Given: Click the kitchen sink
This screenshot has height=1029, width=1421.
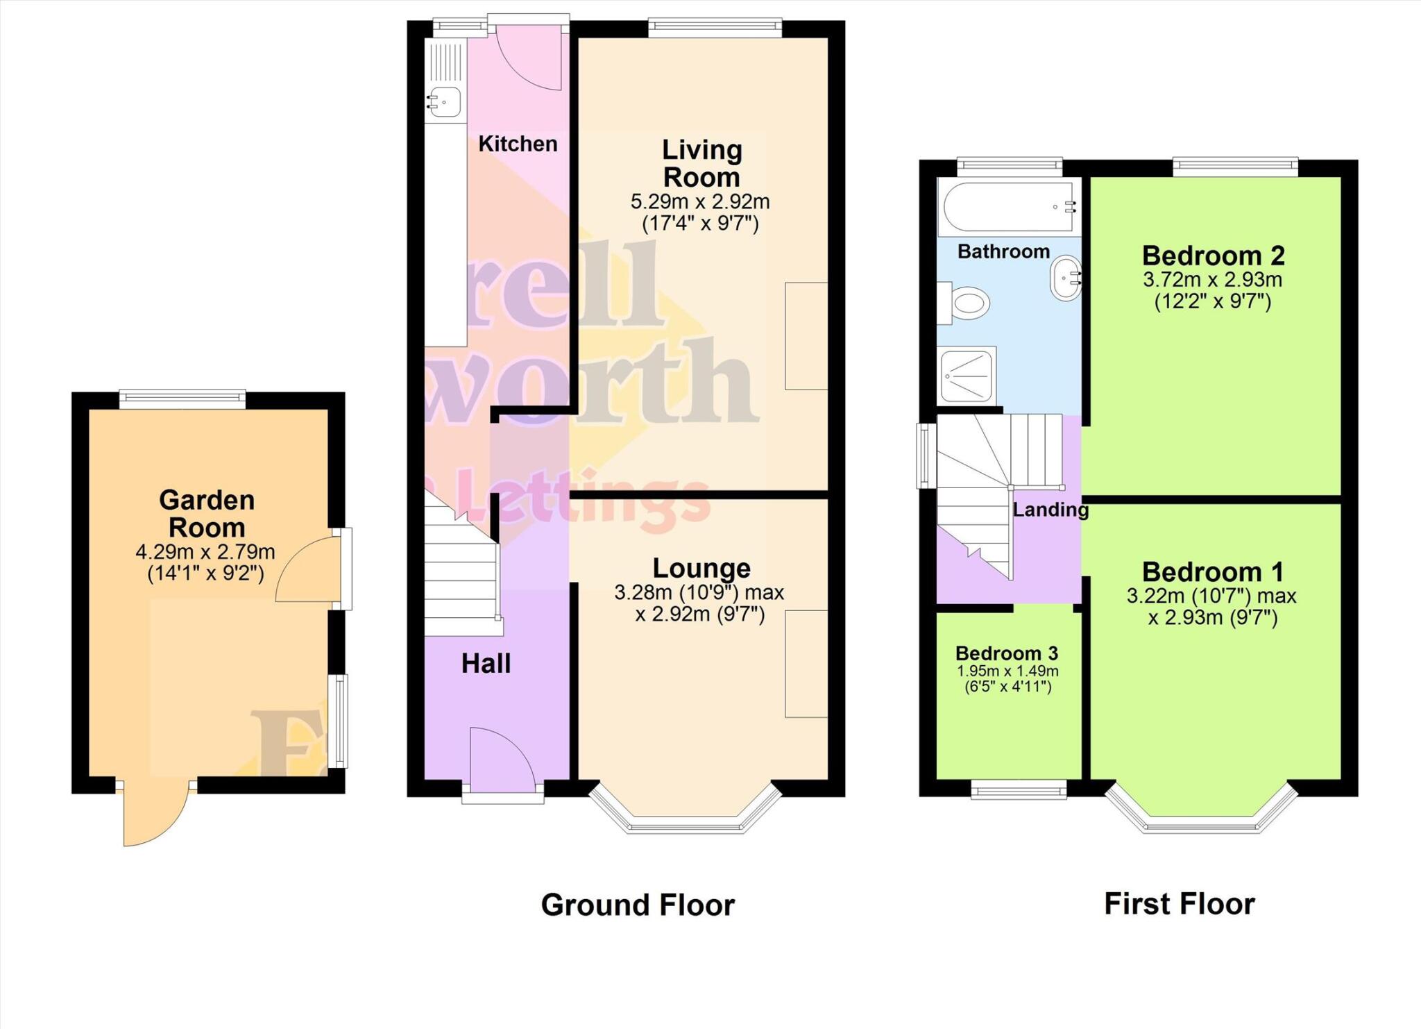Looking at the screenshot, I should pos(445,102).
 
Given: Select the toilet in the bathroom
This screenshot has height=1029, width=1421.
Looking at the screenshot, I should pos(967,303).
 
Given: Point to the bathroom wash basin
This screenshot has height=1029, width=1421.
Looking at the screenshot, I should pos(1065,278).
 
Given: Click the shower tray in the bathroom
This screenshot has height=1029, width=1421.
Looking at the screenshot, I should pos(967,376).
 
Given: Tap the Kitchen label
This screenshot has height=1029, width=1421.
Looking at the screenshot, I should pos(518,144).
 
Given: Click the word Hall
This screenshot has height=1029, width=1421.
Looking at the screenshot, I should pos(486,664).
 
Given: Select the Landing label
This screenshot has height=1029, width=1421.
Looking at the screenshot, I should pos(1050,510).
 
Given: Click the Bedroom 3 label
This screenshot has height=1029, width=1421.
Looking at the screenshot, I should pos(1006,653).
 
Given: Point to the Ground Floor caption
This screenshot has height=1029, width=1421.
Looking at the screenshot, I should pos(637,905).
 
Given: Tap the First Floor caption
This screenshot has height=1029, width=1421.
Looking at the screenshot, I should pos(1179,904).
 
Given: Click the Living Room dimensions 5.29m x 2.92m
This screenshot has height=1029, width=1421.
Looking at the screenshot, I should pos(700,202).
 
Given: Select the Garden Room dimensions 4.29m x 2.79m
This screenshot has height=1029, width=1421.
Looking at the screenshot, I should pos(205,553).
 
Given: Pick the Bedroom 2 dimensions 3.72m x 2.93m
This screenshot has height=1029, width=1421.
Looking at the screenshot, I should pos(1212,281).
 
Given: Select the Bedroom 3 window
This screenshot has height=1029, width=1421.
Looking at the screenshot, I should pos(1019,789).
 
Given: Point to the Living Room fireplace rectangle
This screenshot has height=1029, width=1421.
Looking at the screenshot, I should pos(806,336).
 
